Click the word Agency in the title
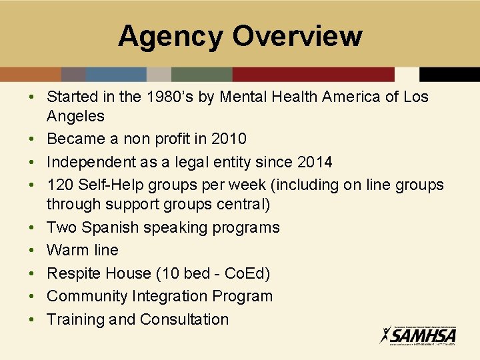pyautogui.click(x=170, y=36)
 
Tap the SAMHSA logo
pyautogui.click(x=418, y=335)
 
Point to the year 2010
pyautogui.click(x=229, y=139)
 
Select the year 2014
pyautogui.click(x=315, y=162)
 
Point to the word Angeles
pyautogui.click(x=75, y=117)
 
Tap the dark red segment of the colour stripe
pyautogui.click(x=313, y=74)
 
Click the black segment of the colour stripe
pyautogui.click(x=449, y=74)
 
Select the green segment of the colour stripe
pyautogui.click(x=201, y=74)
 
